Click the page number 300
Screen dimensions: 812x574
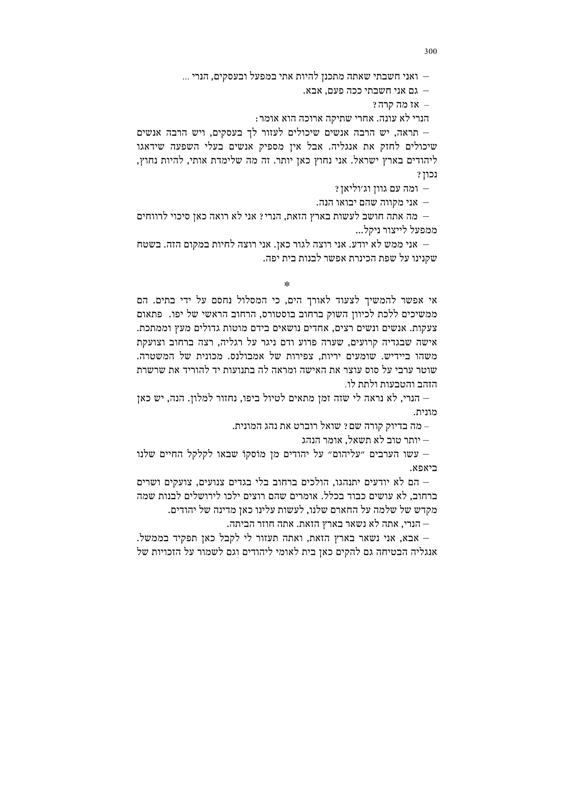tap(430, 52)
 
